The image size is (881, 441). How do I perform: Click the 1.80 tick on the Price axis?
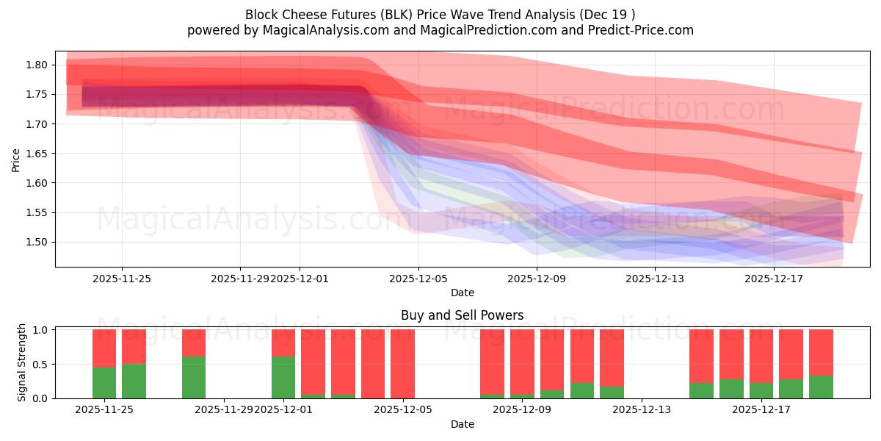click(37, 65)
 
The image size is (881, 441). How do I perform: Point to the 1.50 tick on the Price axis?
click(37, 242)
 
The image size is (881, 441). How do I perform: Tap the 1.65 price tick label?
click(37, 154)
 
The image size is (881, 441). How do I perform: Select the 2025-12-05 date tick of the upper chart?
click(418, 279)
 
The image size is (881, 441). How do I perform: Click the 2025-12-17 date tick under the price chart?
click(775, 279)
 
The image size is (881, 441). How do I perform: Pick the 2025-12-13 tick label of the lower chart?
click(642, 409)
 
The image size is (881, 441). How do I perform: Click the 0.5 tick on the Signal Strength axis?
click(40, 364)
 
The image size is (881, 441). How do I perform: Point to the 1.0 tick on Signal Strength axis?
click(40, 330)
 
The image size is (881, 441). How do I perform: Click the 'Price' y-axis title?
click(16, 159)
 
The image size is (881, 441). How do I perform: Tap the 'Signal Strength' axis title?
click(22, 362)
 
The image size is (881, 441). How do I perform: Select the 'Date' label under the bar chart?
click(463, 424)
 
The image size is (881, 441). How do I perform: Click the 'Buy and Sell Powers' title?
click(463, 315)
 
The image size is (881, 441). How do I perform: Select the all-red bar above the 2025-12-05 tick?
click(403, 364)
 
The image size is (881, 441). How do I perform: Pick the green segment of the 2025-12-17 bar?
click(761, 390)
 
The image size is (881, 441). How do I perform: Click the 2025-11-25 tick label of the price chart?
click(122, 279)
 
